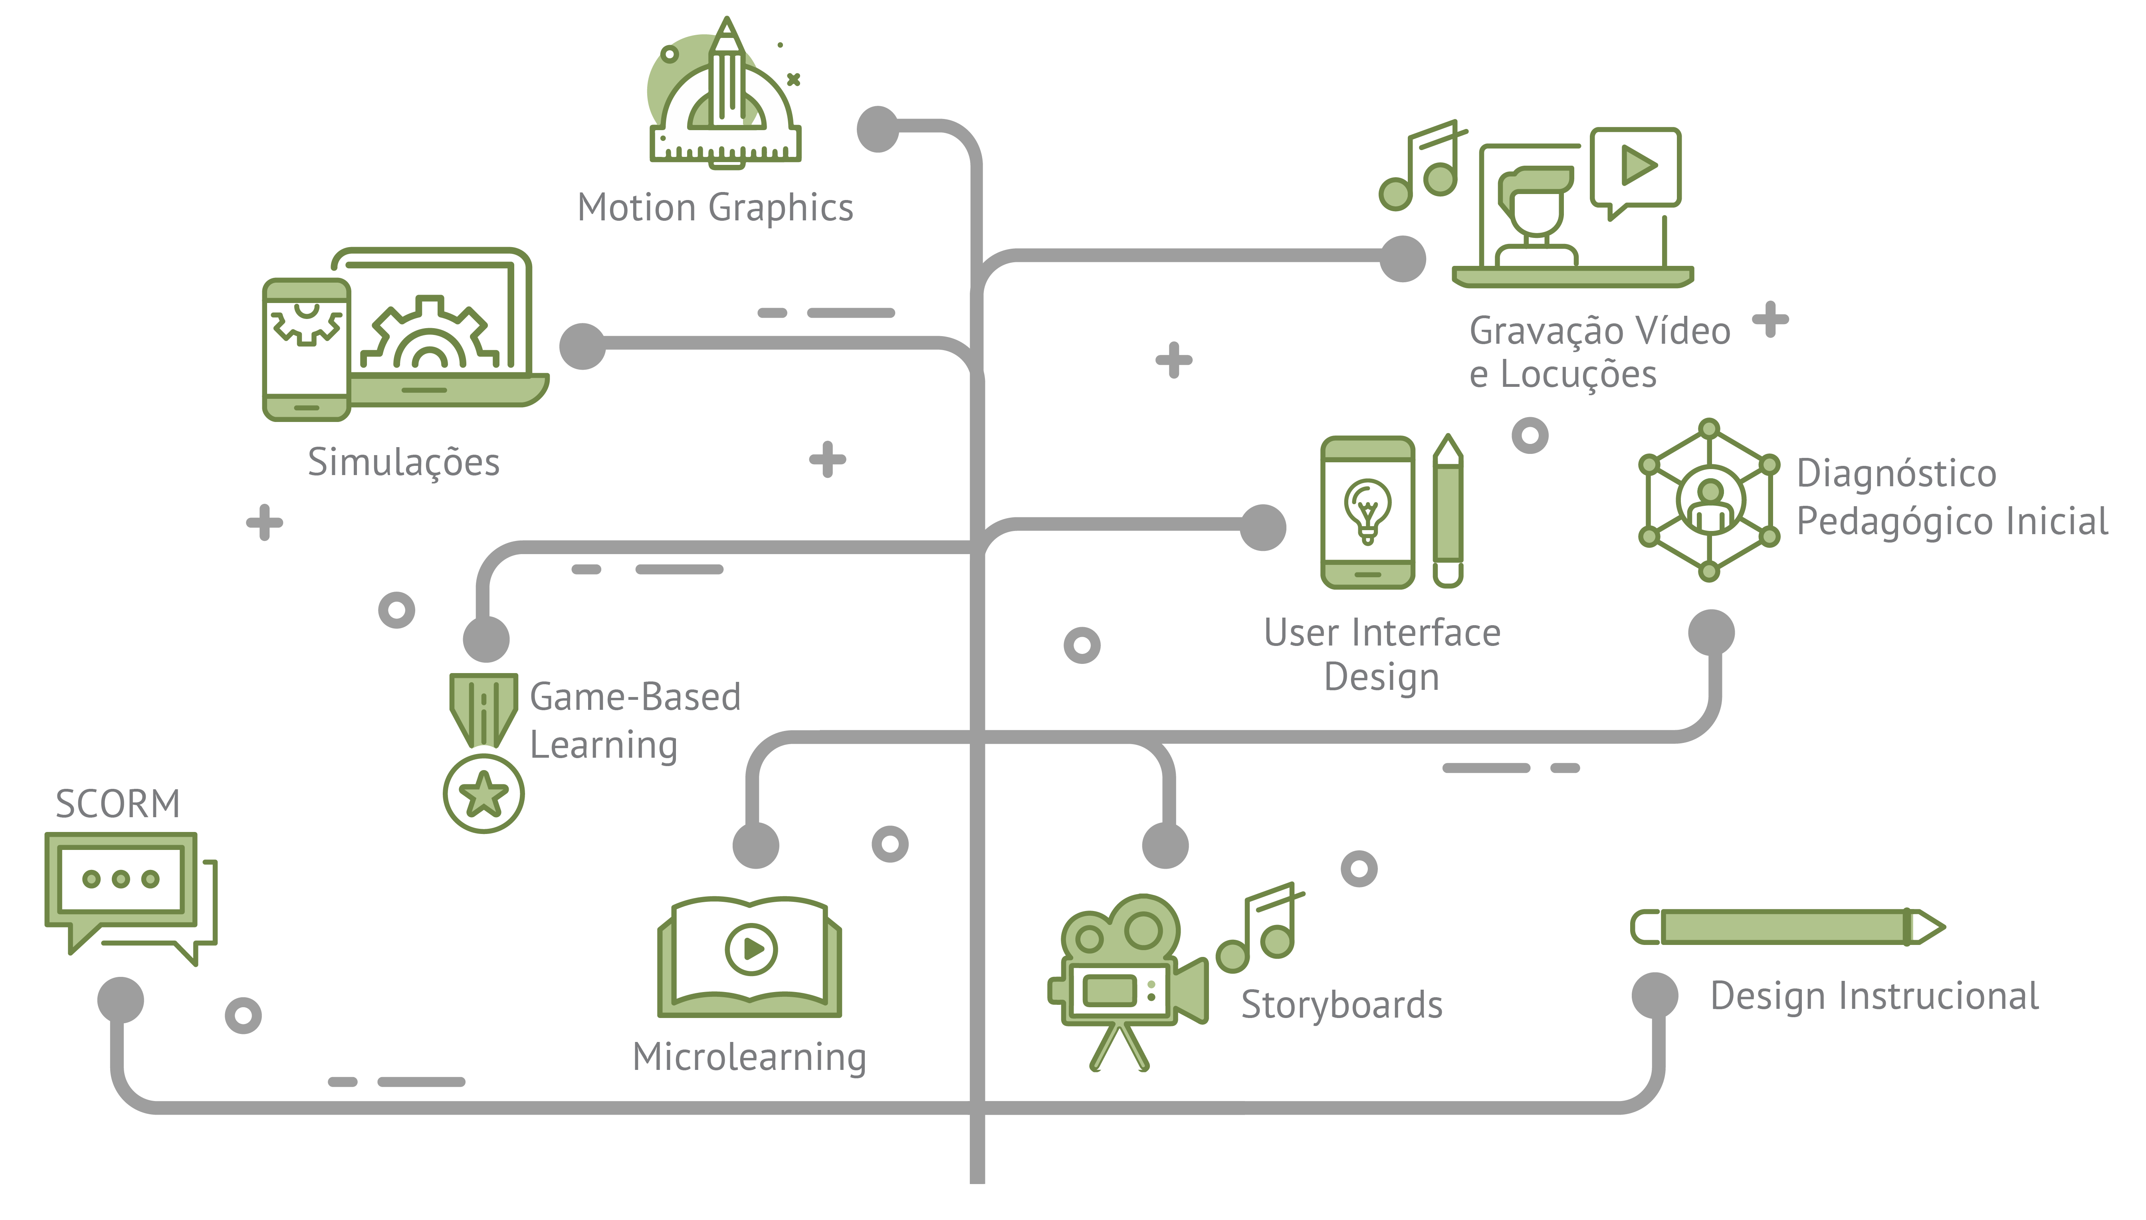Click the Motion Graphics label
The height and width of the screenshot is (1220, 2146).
pos(715,208)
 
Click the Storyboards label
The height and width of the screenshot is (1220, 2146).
pos(1341,1005)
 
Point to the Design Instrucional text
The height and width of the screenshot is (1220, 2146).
pos(1875,996)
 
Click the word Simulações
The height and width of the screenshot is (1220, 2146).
pos(403,463)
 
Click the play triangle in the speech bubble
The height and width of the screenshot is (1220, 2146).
pos(1638,165)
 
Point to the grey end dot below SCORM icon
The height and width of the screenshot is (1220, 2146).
pos(121,1000)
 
